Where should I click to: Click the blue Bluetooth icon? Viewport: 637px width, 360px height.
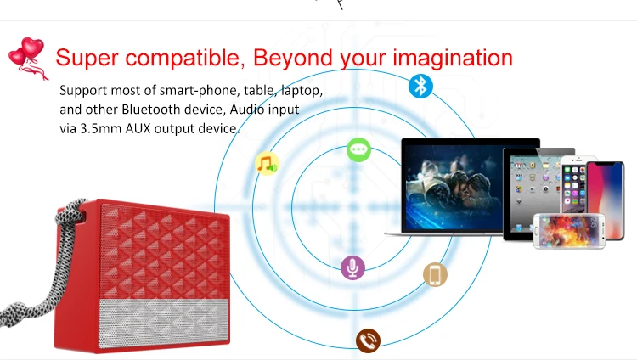coord(420,86)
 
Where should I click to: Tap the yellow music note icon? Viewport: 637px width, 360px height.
coord(267,164)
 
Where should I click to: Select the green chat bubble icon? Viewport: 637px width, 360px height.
coord(358,149)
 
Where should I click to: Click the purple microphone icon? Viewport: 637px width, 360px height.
coord(352,267)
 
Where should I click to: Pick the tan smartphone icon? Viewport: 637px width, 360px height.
coord(435,275)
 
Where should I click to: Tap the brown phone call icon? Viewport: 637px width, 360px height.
coord(368,340)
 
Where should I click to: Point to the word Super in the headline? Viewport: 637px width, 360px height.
coord(87,57)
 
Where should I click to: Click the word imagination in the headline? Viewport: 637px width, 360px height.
coord(453,58)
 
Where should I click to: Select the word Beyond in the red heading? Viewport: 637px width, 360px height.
coord(293,57)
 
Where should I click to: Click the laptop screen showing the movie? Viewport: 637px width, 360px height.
coord(454,187)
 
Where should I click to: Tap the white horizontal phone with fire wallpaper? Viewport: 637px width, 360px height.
coord(569,231)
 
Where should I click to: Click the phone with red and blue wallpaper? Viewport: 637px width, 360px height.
coord(605,199)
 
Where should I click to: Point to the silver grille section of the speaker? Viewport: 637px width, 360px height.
coord(164,323)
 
